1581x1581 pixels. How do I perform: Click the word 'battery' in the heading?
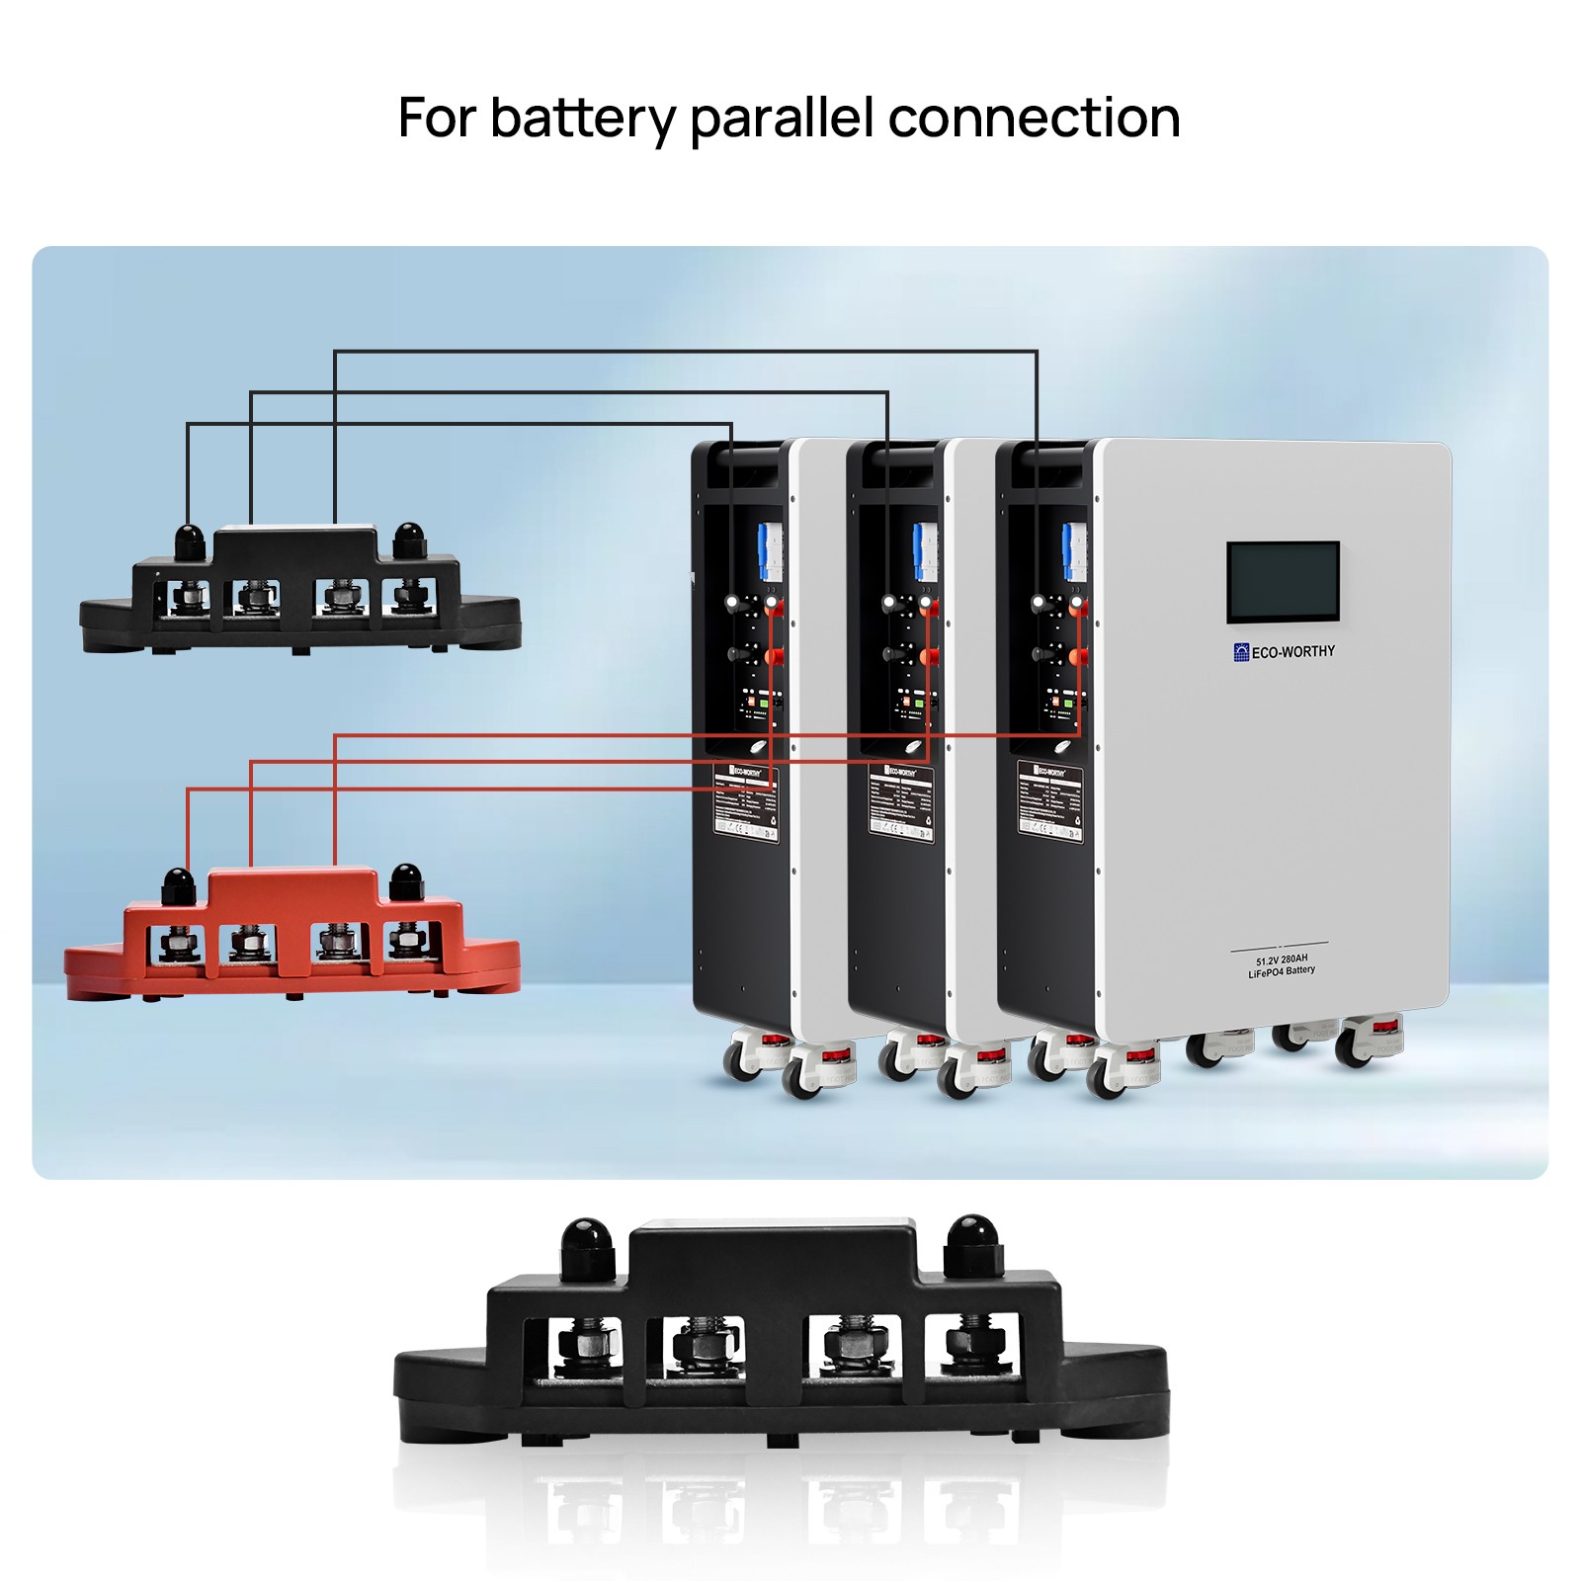[582, 120]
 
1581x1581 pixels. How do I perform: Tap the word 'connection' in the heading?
[1034, 118]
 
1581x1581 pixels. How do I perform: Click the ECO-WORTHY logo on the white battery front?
[1284, 651]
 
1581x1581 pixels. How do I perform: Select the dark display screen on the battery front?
[1283, 582]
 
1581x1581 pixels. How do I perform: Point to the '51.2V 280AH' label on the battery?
[1282, 959]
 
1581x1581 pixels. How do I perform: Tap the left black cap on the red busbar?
[178, 883]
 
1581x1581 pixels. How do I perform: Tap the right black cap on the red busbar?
[406, 880]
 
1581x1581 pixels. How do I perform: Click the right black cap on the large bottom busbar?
[972, 1243]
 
